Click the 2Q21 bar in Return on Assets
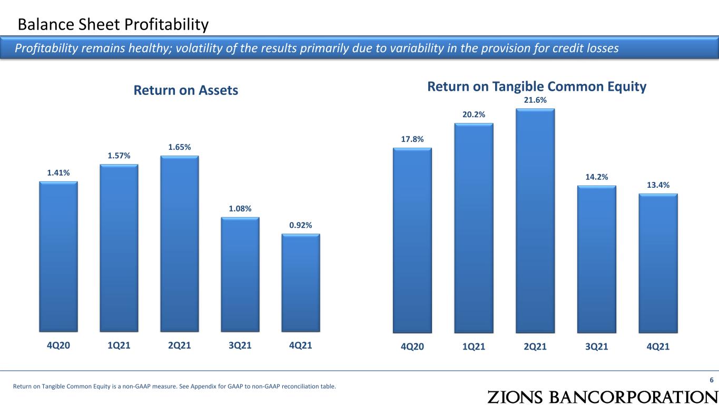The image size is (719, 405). pyautogui.click(x=180, y=244)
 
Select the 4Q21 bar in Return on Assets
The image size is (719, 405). pyautogui.click(x=301, y=283)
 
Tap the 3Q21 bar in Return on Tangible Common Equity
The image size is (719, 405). pyautogui.click(x=597, y=259)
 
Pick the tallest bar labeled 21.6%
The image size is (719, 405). pyautogui.click(x=535, y=221)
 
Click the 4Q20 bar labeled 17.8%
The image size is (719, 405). pyautogui.click(x=412, y=240)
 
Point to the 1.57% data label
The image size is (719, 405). pyautogui.click(x=119, y=156)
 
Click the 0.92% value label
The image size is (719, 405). pyautogui.click(x=300, y=225)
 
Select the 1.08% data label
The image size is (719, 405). pyautogui.click(x=240, y=209)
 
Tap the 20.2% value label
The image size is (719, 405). pyautogui.click(x=474, y=114)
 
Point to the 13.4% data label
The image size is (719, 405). pyautogui.click(x=658, y=185)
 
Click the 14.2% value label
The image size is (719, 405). pyautogui.click(x=597, y=177)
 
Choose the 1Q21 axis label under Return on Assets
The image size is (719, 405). pyautogui.click(x=119, y=345)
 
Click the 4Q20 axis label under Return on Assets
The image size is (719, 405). pyautogui.click(x=58, y=345)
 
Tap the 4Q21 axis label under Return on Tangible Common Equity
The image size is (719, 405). pyautogui.click(x=658, y=346)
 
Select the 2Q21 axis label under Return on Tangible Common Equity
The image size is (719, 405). pyautogui.click(x=535, y=346)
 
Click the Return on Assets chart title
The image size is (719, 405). pyautogui.click(x=186, y=90)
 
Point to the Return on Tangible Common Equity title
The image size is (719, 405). pyautogui.click(x=537, y=87)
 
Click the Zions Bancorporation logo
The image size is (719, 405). pyautogui.click(x=603, y=397)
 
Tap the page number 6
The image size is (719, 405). pyautogui.click(x=712, y=380)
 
